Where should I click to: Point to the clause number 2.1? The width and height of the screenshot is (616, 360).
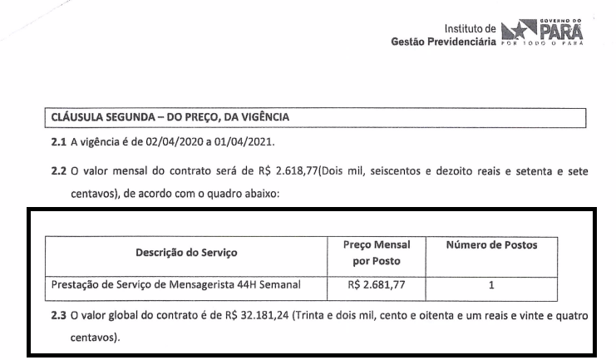58,143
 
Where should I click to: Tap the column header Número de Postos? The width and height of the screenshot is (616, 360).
491,245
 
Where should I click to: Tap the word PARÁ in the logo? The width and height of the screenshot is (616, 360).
561,32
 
